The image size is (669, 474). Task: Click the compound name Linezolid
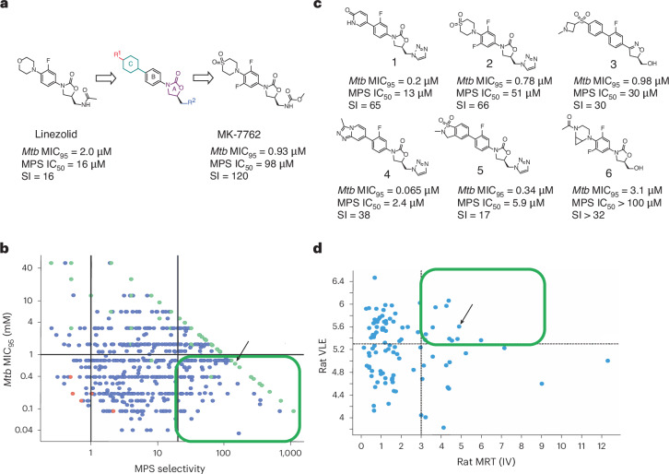tap(56, 135)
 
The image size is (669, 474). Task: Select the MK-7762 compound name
tap(239, 135)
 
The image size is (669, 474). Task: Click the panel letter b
tap(5, 248)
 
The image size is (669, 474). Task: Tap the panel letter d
tap(317, 248)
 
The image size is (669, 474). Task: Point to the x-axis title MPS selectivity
tap(170, 468)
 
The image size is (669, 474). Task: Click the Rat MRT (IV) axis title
tap(486, 462)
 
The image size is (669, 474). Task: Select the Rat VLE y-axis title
tap(323, 356)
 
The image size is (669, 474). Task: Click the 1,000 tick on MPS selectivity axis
tap(290, 454)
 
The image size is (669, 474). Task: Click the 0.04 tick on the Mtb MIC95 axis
tap(23, 430)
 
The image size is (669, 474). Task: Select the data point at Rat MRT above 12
tap(607, 361)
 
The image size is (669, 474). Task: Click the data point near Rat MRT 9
tap(542, 384)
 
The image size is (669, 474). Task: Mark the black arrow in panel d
tap(467, 314)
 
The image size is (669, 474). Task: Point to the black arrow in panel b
tap(242, 353)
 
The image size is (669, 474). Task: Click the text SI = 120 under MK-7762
tap(229, 175)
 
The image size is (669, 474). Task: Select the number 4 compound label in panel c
tap(387, 174)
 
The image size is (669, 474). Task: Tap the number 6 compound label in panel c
tap(608, 173)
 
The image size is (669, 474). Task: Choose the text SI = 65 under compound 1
tap(364, 104)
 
